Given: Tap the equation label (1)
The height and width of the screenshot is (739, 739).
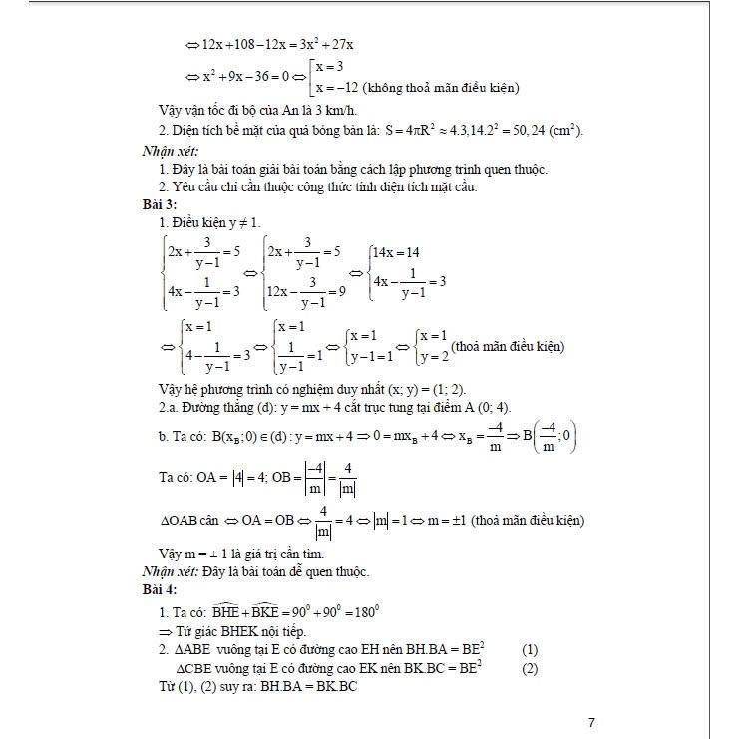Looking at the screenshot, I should click(529, 650).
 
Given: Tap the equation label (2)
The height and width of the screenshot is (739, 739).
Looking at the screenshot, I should click(529, 669).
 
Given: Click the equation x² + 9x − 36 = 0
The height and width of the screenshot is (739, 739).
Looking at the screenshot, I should click(246, 76).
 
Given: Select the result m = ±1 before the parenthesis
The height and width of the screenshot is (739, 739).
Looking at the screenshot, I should click(439, 520).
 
